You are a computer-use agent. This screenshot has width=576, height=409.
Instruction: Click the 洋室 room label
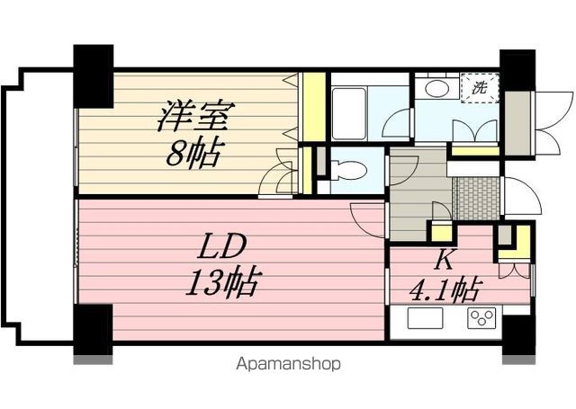(x=197, y=118)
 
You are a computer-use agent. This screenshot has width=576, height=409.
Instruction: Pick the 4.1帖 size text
(x=445, y=291)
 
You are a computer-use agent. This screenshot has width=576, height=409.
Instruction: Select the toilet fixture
(x=346, y=169)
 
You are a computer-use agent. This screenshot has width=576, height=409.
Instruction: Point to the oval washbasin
(x=438, y=88)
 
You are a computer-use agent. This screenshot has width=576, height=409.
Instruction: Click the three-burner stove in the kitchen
(x=481, y=318)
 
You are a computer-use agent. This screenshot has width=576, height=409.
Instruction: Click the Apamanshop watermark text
(x=287, y=364)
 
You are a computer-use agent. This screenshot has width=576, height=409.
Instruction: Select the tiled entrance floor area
(x=476, y=197)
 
